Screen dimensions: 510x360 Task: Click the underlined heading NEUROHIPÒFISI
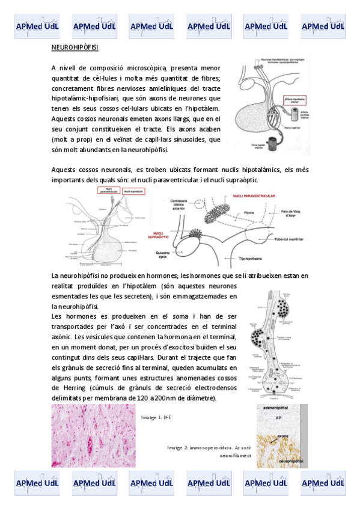pos(75,47)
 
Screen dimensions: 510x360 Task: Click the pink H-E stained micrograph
pos(94,435)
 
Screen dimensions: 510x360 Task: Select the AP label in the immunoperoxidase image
pos(280,416)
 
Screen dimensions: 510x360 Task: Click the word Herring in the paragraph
pos(72,388)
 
